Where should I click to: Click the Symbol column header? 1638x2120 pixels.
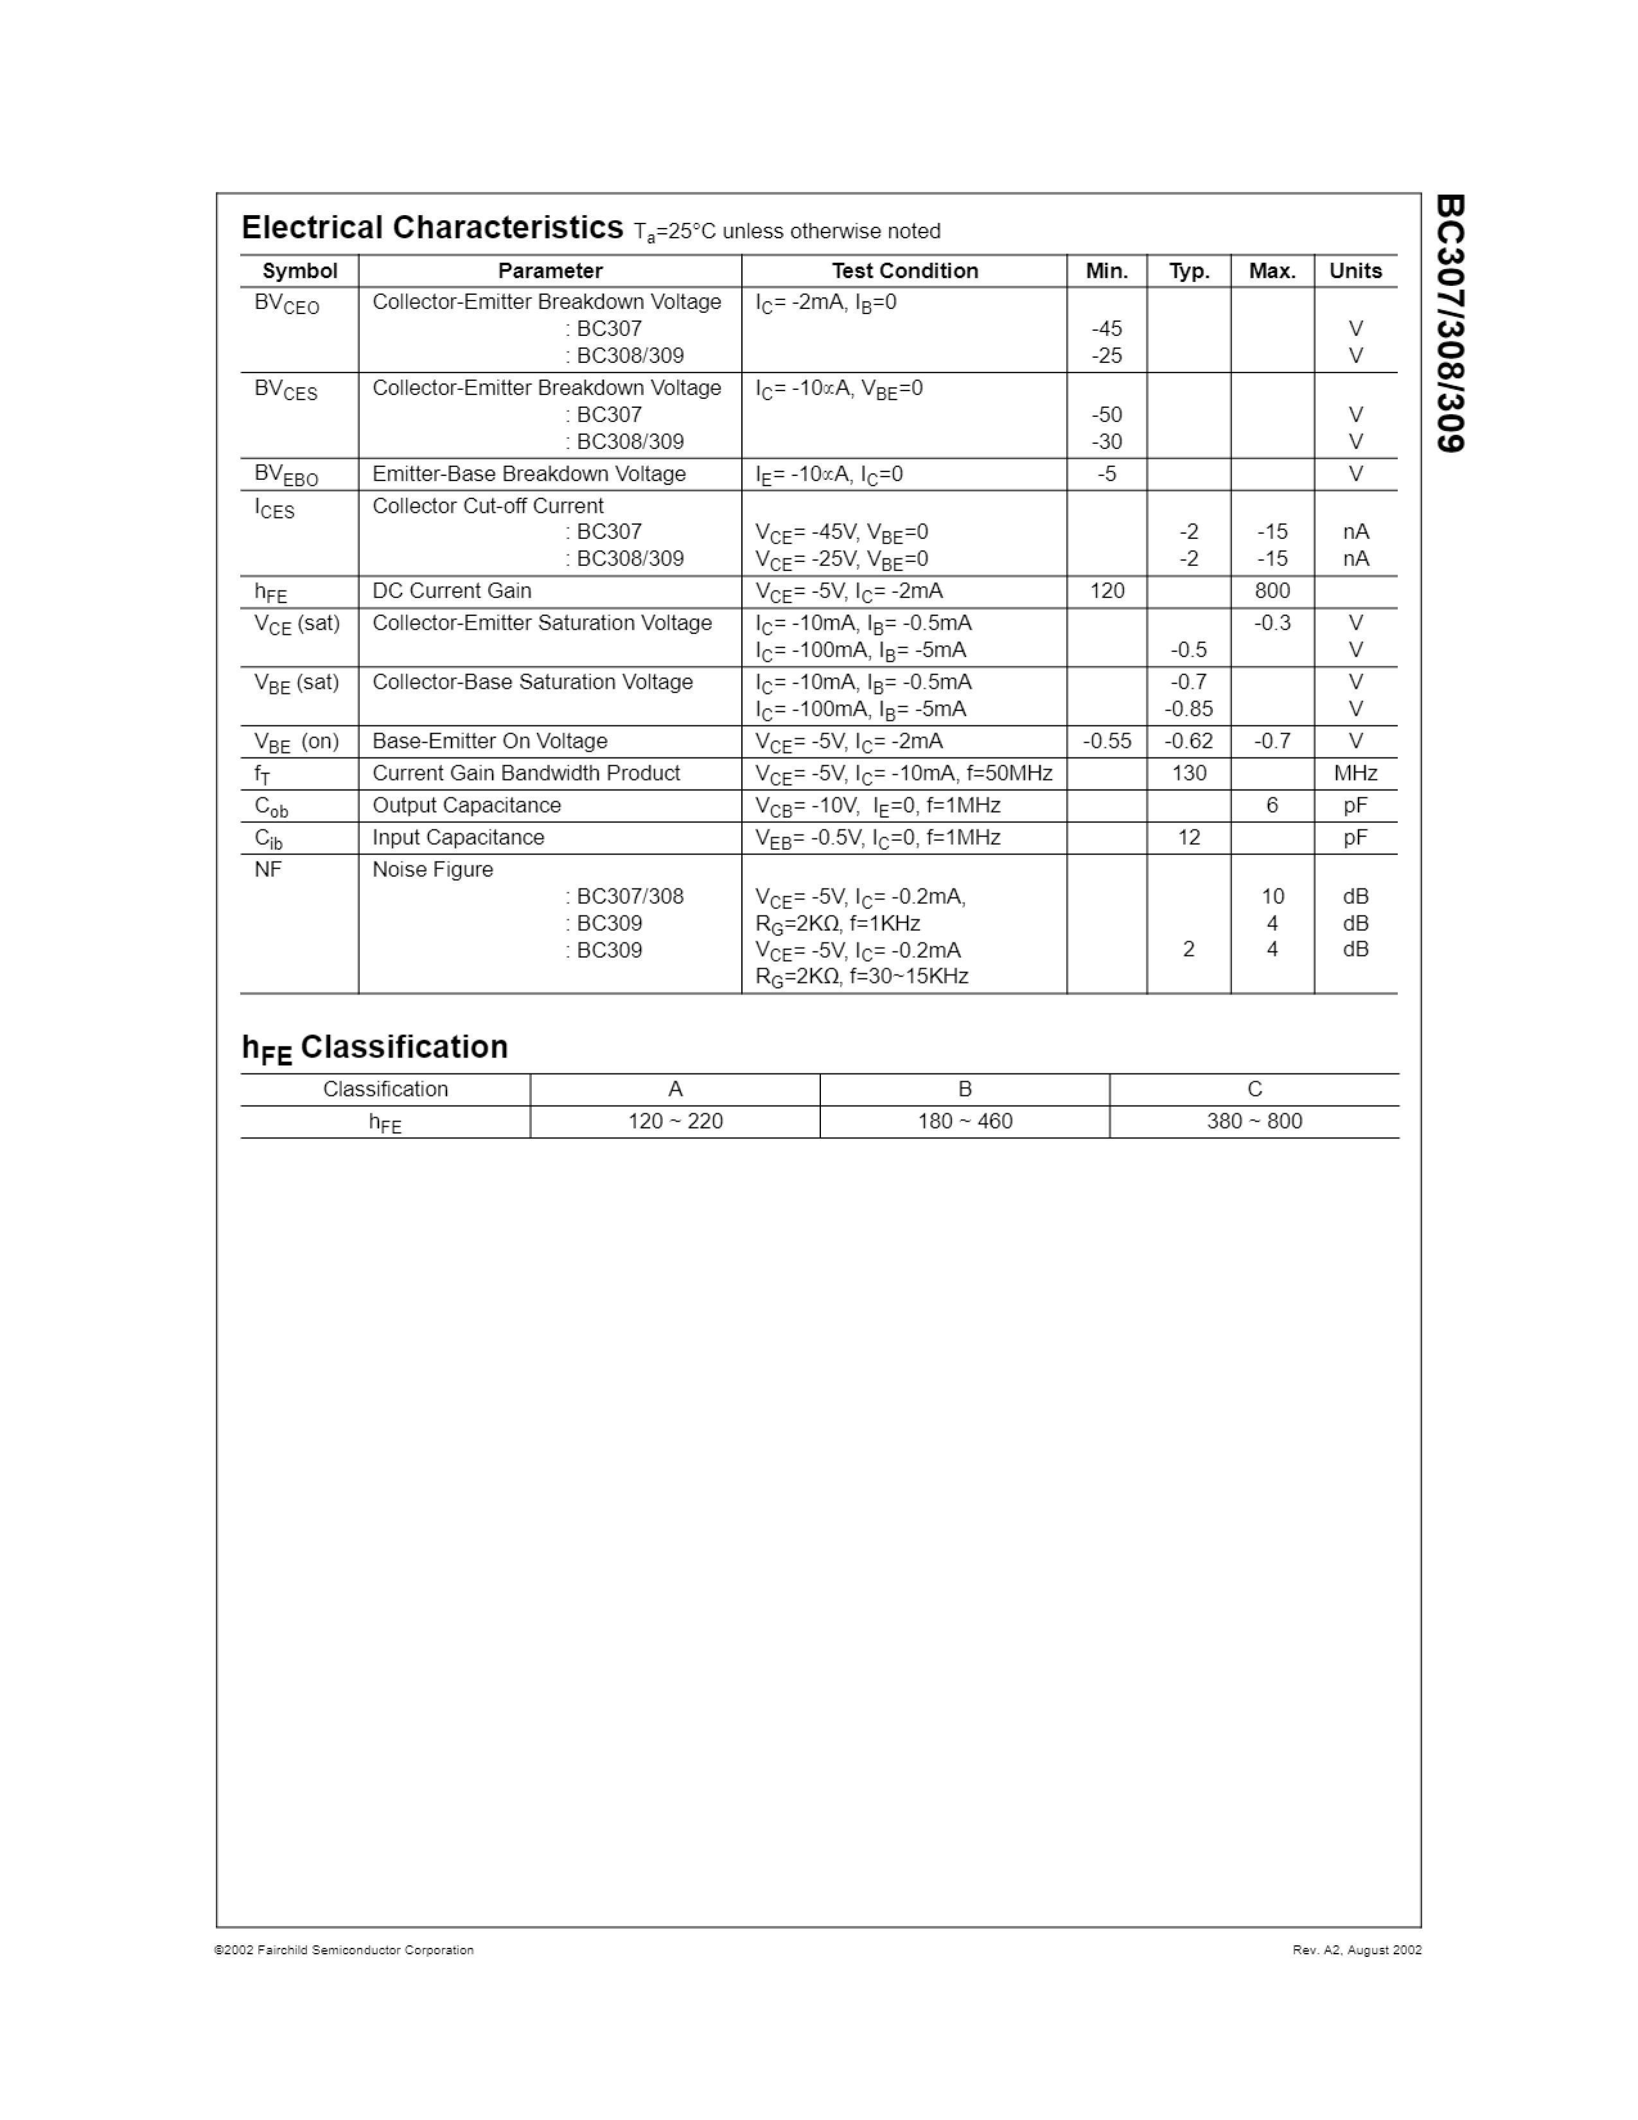point(300,271)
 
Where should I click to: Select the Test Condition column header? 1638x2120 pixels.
point(904,271)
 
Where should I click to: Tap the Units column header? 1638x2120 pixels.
point(1355,271)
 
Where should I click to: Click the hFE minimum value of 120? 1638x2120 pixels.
point(1106,590)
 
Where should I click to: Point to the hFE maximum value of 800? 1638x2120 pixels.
point(1272,590)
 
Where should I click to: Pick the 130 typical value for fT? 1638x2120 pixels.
point(1189,773)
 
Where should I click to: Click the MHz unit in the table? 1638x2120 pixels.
point(1355,773)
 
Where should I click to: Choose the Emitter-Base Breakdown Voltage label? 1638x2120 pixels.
point(529,473)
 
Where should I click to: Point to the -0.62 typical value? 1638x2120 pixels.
point(1189,741)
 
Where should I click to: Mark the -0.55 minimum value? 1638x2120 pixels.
point(1106,741)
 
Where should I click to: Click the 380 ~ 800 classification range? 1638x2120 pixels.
point(1254,1121)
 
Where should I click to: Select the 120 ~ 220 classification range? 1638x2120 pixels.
point(675,1121)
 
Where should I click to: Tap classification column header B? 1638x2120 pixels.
point(965,1089)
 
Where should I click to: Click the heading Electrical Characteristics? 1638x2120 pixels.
point(432,227)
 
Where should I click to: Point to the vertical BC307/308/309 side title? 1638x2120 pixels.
point(1450,323)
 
